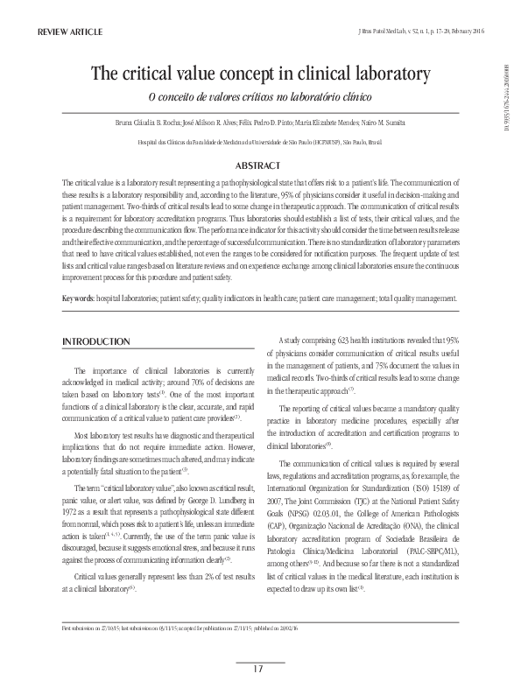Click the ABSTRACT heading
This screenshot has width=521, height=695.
(260, 165)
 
